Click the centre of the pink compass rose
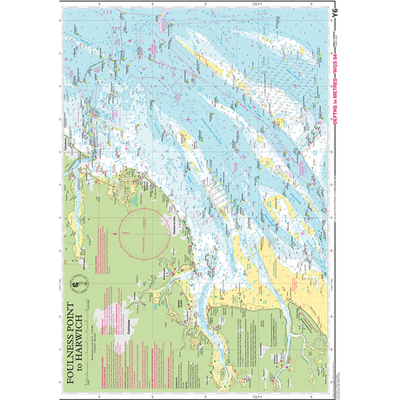pyautogui.click(x=137, y=236)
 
